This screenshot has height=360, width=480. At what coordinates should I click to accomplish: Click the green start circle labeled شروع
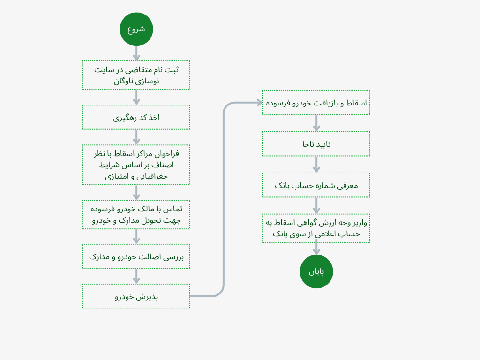136,29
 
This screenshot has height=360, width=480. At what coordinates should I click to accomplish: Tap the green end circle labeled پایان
316,271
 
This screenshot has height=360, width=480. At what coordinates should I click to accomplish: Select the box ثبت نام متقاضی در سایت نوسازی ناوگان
136,75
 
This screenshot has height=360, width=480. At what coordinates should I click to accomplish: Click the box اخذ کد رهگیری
136,117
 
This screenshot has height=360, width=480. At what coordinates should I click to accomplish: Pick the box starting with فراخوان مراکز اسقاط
136,165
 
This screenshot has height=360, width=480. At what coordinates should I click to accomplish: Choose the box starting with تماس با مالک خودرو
136,215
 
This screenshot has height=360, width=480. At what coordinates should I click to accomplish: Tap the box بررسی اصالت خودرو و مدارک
136,256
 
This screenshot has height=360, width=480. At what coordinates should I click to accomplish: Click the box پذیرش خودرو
136,296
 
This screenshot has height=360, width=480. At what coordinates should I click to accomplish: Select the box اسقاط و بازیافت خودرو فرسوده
316,103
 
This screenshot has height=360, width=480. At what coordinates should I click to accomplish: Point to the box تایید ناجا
316,144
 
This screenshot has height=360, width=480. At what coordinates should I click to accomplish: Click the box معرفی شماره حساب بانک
316,185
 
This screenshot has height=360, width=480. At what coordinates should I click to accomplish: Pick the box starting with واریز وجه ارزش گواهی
316,228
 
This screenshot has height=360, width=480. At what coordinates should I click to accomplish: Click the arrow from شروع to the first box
136,53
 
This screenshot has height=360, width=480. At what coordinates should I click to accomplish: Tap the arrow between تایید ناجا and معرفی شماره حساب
316,164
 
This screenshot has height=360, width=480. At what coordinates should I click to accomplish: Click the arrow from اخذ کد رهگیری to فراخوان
136,137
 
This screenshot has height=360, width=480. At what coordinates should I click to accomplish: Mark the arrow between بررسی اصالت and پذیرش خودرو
136,276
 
